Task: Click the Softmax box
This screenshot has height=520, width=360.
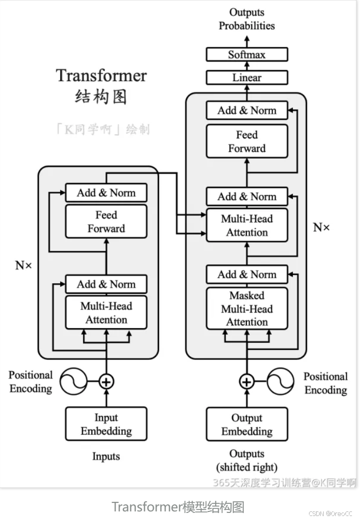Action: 247,55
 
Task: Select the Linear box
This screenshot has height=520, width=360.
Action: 247,78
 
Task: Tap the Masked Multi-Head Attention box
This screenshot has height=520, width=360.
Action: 247,308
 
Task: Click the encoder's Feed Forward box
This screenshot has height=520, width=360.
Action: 106,222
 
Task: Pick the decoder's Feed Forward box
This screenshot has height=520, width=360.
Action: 247,141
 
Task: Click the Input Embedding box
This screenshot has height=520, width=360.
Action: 106,424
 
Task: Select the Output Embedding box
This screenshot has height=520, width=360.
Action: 247,424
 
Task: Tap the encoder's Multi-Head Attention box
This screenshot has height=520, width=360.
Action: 106,313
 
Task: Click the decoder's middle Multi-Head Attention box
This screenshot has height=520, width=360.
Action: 247,226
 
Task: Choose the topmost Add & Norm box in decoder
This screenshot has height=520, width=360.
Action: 247,111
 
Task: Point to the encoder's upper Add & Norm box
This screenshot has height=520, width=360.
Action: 106,192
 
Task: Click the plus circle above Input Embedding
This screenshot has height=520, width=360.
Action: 106,382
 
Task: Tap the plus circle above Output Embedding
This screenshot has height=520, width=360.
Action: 247,382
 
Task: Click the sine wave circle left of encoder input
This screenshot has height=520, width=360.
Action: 74,382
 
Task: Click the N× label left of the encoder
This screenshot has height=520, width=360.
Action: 23,265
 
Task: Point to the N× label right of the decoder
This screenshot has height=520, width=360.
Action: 322,227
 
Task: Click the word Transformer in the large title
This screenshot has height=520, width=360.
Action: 101,76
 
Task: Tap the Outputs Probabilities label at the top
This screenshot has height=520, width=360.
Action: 247,19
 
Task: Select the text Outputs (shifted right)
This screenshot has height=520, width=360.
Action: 247,460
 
